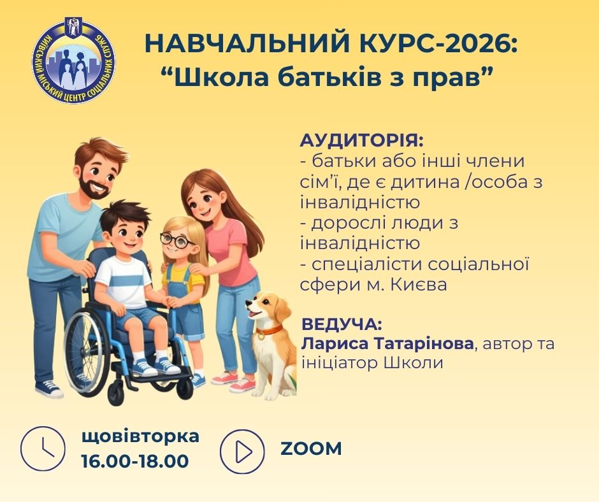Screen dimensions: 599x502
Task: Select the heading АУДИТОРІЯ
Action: pos(362,141)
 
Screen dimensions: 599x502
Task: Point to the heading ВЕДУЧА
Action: pos(342,324)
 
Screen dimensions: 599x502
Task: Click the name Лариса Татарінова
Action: pos(387,343)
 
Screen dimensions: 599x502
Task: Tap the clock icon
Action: pos(43,448)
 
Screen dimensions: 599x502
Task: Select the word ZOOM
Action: pos(311,449)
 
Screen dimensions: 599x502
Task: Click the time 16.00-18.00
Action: pos(135,461)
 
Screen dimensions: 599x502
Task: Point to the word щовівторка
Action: pos(141,437)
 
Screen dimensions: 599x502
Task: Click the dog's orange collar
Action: pos(268,330)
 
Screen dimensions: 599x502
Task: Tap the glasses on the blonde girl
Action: pos(177,240)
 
